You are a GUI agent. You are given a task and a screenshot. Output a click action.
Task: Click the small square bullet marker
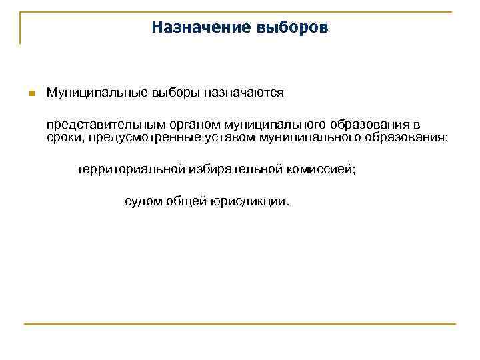[x=30, y=93]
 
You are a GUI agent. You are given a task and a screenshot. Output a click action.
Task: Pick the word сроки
[x=64, y=137]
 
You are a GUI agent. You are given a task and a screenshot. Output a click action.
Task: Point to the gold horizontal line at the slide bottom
[x=240, y=324]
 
